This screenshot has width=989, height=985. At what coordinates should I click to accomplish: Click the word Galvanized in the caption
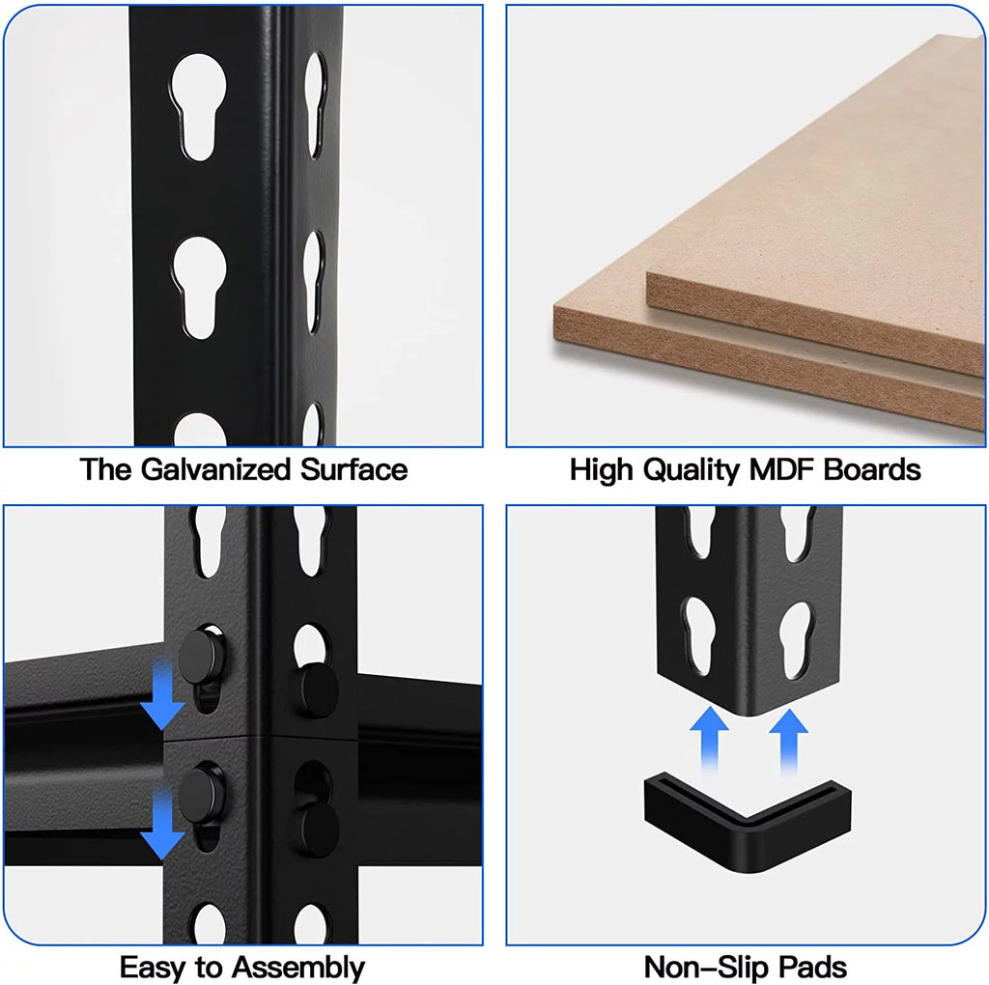tap(215, 470)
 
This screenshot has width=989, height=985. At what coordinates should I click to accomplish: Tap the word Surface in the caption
tap(353, 469)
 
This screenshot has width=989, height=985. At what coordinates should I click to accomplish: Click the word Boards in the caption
tap(872, 470)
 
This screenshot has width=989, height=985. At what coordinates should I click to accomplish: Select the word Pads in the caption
tap(812, 968)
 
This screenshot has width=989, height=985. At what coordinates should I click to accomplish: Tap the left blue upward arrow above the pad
tap(709, 739)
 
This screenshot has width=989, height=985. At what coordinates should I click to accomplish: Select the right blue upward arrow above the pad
tap(788, 741)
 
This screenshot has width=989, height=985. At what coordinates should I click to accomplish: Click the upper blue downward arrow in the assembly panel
tap(162, 694)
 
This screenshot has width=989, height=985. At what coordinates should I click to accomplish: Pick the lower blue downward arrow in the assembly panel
tap(162, 826)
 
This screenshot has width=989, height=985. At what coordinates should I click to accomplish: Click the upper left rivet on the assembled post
tap(202, 657)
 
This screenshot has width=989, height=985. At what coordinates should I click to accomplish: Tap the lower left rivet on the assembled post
tap(201, 795)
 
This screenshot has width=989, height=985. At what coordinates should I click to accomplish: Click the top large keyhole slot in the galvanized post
tap(198, 106)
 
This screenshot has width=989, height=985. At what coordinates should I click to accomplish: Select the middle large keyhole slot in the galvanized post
tap(199, 288)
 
